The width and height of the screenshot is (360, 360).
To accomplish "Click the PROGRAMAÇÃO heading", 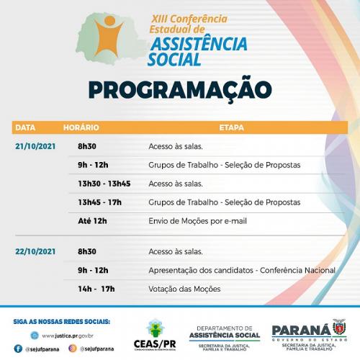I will pos(180,89).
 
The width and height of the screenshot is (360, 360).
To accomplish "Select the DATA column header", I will pos(25,127).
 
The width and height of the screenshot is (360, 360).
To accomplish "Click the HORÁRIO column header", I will pos(81,127).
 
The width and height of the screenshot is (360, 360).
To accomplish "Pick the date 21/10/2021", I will pos(35,146).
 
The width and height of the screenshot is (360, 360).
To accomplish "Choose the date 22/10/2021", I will pos(35,251).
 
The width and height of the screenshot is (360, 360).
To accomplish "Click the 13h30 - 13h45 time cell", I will pos(104,184).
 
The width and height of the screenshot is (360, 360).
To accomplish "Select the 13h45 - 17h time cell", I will pos(99,202).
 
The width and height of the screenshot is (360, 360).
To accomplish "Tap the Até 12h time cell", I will pos(92,221).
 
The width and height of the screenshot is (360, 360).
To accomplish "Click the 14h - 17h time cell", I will pos(96,289).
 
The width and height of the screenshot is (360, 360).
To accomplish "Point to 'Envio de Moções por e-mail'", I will pos(197,221).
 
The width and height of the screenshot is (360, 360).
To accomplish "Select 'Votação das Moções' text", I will pos(184,289).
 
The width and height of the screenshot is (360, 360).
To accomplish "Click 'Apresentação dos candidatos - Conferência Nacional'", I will pos(241,270).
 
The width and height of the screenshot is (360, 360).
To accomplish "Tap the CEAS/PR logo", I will pos(156,335).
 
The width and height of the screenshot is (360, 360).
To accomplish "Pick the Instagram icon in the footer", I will pos(73,348).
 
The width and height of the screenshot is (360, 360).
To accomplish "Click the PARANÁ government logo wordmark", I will pos(301,330).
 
